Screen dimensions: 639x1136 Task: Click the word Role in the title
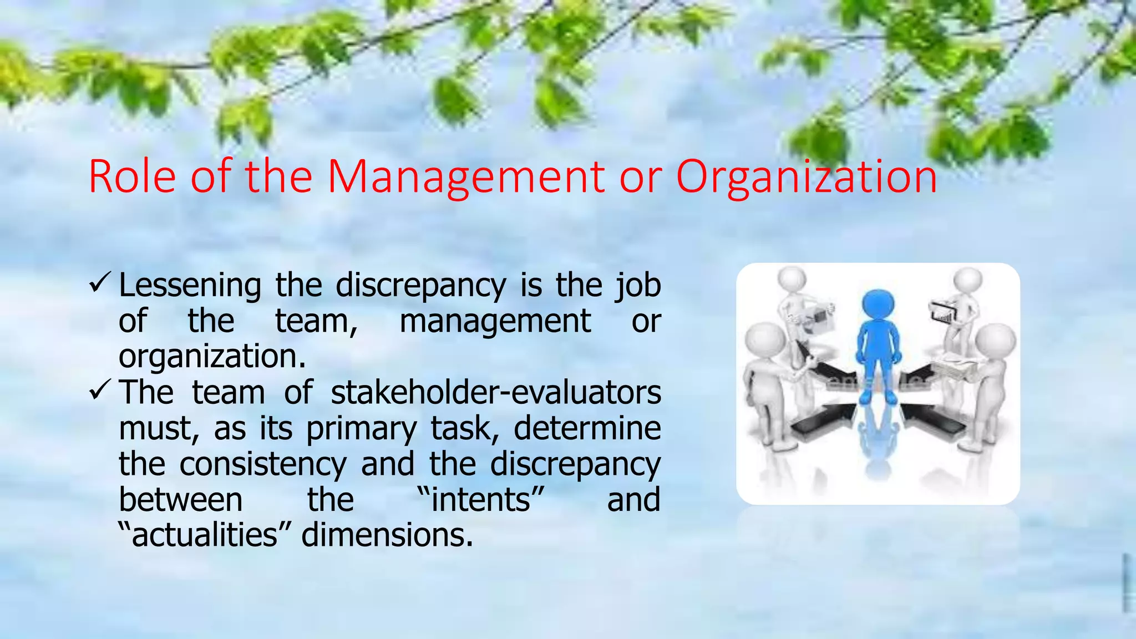point(132,176)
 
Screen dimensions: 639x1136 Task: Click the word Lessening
point(190,286)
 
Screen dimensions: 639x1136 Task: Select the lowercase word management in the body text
point(495,321)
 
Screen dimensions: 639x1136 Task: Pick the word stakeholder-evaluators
point(495,392)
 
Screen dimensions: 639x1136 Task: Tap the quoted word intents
point(480,499)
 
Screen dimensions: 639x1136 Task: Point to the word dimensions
point(387,535)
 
